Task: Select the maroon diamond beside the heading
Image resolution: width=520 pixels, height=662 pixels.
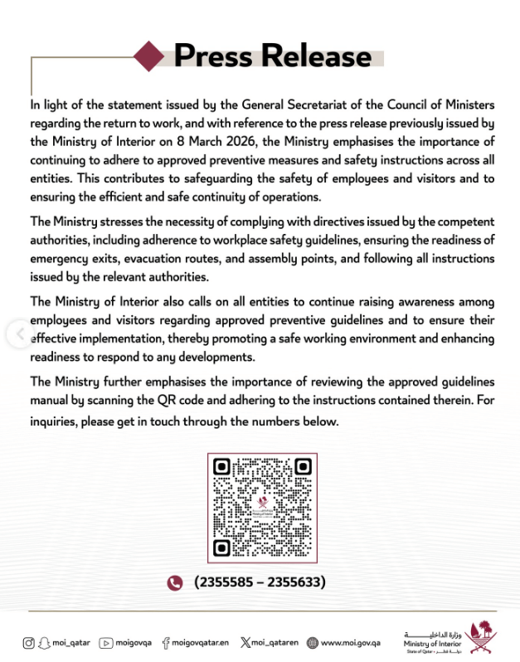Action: tap(151, 56)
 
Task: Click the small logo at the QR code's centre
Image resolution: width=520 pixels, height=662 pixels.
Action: tap(262, 506)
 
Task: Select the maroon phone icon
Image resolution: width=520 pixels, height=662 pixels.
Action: tap(174, 582)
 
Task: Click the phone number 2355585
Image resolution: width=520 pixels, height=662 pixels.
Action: tap(224, 582)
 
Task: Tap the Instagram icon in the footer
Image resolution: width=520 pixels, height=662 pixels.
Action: tap(30, 642)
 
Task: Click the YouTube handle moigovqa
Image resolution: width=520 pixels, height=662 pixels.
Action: tap(134, 642)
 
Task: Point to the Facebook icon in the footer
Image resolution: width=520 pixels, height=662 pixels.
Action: tap(166, 642)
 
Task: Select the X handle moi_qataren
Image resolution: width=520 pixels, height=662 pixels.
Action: tap(275, 642)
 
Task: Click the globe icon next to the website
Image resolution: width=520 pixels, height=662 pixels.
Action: tap(313, 642)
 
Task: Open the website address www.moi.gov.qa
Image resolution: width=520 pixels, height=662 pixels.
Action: tap(351, 642)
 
